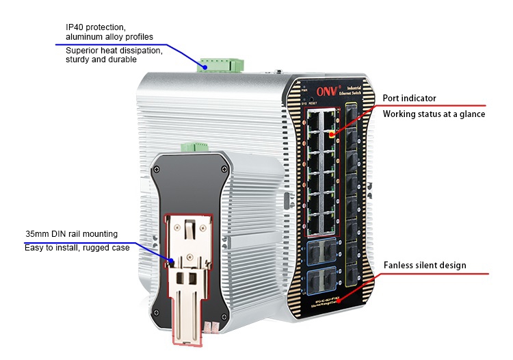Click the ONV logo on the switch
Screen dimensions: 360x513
click(326, 90)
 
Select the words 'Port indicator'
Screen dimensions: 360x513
click(409, 98)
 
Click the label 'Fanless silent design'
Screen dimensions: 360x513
click(425, 265)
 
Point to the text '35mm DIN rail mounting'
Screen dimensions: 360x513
click(72, 234)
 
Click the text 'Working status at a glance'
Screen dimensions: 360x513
click(434, 114)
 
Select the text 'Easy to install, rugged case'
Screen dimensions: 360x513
click(77, 248)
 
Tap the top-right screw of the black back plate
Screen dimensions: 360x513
click(224, 168)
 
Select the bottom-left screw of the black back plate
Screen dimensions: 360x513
click(158, 312)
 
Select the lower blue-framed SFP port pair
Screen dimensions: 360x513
click(321, 280)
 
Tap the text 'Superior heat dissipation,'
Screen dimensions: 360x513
click(114, 50)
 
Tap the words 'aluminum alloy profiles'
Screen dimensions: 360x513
click(109, 36)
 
